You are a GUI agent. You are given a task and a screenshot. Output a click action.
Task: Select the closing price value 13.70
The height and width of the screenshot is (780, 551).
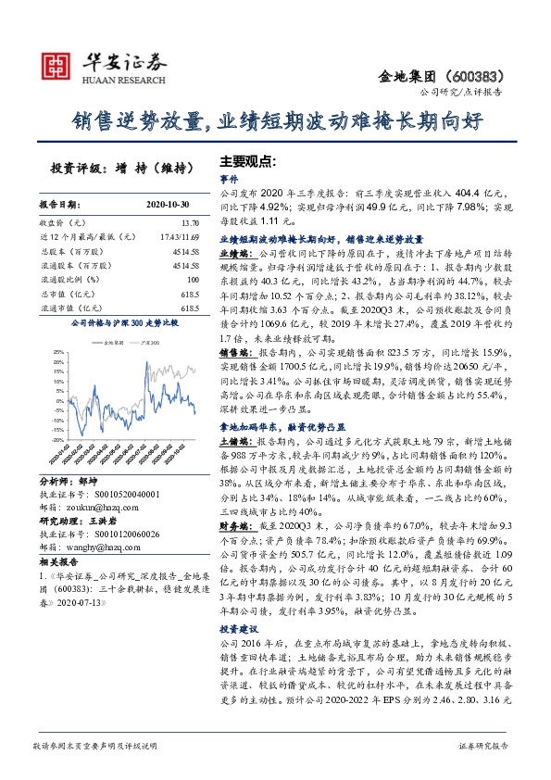[x=191, y=223]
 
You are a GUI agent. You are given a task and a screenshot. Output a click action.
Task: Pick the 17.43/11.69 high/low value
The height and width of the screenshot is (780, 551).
[x=180, y=237]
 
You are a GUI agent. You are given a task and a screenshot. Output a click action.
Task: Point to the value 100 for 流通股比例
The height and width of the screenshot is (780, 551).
[x=193, y=279]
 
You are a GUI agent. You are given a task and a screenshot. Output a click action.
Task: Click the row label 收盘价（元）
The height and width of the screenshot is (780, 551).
[x=61, y=223]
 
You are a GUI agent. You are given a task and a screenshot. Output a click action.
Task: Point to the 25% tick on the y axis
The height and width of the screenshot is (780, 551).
[x=58, y=353]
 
